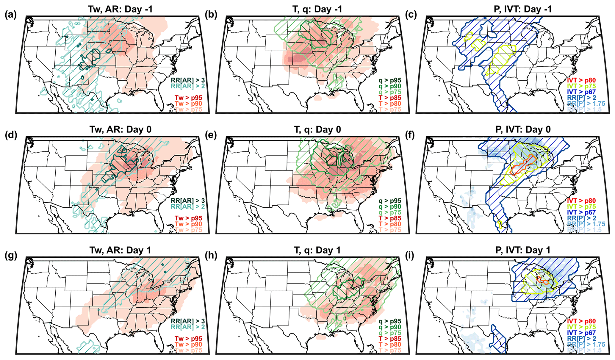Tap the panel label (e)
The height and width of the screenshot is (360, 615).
point(211,135)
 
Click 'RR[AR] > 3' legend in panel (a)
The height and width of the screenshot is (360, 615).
point(187,80)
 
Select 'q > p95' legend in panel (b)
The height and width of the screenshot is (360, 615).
point(390,80)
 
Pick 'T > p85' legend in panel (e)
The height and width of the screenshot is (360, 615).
point(390,218)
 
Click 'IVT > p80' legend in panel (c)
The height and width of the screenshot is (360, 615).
point(581,80)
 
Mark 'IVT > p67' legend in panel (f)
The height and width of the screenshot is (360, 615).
point(581,212)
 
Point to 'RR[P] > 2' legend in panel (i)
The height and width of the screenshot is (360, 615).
point(581,339)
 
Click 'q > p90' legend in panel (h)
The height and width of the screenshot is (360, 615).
point(390,327)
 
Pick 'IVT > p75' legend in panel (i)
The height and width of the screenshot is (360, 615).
point(581,327)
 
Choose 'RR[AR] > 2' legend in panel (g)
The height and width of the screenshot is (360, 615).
point(187,327)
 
